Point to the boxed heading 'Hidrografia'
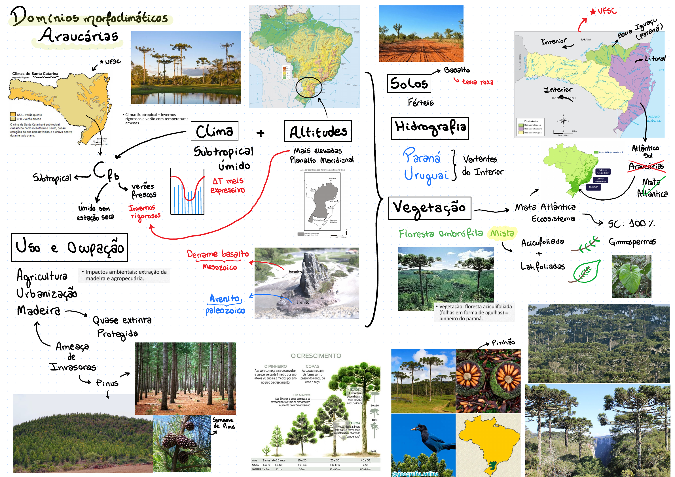pos(429,128)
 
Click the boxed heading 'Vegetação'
pos(429,208)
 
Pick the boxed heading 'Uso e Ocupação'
pos(69,247)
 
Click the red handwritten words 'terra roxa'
pos(477,82)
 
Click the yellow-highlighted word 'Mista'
pos(502,233)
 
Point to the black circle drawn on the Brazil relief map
pos(309,87)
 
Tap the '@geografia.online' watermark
pos(415,474)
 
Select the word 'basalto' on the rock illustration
pos(295,272)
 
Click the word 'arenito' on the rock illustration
pos(302,302)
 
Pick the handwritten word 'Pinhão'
pos(503,342)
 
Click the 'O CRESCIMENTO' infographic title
pos(316,356)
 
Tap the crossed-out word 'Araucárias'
pos(646,167)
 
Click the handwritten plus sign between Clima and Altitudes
pos(260,133)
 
